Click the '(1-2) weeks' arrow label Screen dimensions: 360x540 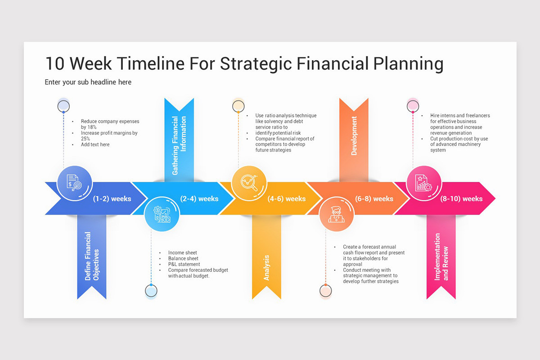click(x=112, y=198)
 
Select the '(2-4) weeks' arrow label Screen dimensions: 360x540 click(x=199, y=198)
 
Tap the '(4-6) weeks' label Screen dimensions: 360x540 click(x=287, y=198)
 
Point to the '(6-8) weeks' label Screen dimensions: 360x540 click(x=374, y=198)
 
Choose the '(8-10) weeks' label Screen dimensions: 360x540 click(x=461, y=198)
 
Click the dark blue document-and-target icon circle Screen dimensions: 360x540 click(x=75, y=183)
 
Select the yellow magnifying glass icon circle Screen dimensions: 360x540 click(x=249, y=183)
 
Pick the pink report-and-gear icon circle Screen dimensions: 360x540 click(x=424, y=183)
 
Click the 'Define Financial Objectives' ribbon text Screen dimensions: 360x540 click(x=91, y=256)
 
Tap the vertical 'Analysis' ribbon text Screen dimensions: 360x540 click(x=266, y=268)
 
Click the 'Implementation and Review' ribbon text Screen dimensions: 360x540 click(x=441, y=256)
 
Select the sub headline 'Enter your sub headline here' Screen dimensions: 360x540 click(x=88, y=82)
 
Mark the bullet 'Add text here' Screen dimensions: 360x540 click(x=95, y=144)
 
